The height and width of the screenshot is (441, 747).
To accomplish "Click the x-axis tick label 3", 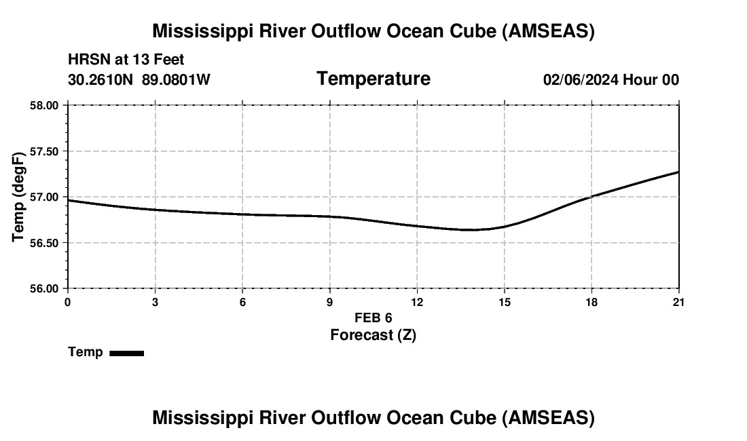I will pos(156,302).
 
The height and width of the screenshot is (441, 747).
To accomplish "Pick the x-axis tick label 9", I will pos(330,302).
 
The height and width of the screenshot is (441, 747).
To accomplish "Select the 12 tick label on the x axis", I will pos(417,302).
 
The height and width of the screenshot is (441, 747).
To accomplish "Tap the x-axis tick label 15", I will pos(505,302).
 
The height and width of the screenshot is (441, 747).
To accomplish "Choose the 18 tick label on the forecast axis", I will pos(591,302).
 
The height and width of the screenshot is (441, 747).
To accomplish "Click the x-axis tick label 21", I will pos(678,302).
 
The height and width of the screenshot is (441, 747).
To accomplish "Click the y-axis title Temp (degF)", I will pos(19,197).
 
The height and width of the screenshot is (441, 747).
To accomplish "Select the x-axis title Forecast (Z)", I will pos(373,335).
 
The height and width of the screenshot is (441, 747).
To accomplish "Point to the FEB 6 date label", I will pos(373,318).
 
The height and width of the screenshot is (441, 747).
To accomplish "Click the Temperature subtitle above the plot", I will pos(373,79).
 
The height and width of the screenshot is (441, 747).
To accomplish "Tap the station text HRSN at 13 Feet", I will pos(126,60).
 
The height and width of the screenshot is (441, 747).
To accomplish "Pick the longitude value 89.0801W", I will pos(176,80).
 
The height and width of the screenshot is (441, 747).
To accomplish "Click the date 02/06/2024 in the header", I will pos(581,80).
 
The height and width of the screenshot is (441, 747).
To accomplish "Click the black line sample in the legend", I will pos(126,353).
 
